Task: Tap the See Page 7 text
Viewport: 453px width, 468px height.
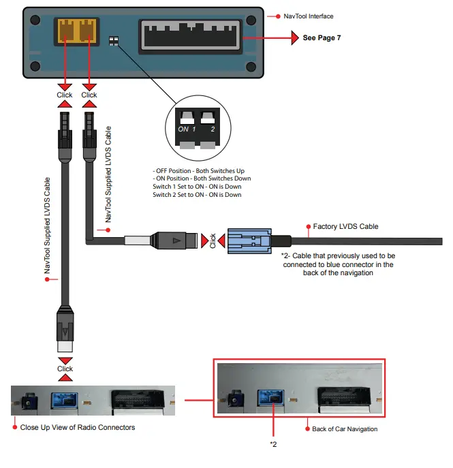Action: tap(321, 38)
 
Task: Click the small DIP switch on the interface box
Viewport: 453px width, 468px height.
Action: tap(114, 42)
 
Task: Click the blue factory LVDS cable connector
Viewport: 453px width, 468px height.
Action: tap(248, 241)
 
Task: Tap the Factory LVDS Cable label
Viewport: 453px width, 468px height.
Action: tap(345, 226)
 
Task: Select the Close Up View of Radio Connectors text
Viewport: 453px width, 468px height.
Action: tap(77, 427)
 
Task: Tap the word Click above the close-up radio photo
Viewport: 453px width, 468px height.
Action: tap(65, 369)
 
